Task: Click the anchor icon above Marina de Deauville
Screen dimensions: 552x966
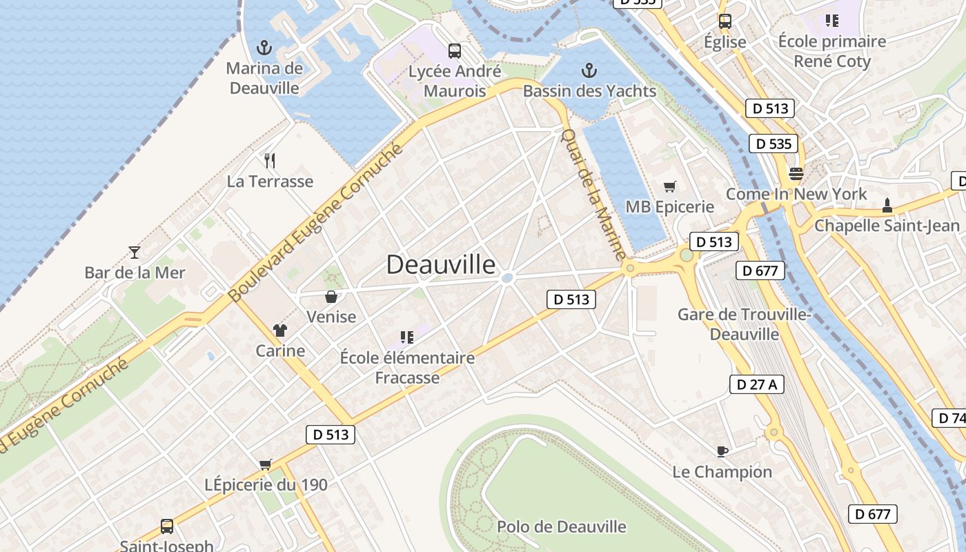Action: click(x=263, y=48)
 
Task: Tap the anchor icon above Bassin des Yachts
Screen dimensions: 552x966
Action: click(x=589, y=70)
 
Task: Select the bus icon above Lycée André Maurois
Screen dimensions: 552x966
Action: click(x=454, y=50)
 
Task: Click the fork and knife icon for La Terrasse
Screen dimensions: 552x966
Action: click(x=270, y=161)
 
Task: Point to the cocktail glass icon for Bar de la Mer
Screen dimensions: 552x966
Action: click(x=135, y=252)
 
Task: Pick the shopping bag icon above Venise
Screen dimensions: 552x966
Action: click(x=331, y=297)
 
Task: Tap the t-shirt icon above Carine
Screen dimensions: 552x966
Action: click(x=279, y=330)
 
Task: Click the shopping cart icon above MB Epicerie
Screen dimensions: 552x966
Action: click(x=669, y=186)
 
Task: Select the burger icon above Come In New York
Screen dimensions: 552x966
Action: click(x=796, y=173)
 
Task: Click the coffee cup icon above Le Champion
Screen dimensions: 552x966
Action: click(x=722, y=451)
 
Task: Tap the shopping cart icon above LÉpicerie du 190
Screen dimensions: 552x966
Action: click(x=266, y=464)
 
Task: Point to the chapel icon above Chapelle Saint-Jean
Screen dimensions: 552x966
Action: click(x=887, y=205)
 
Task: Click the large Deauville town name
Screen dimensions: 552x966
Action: click(x=440, y=264)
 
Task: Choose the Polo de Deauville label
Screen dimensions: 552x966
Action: click(x=562, y=526)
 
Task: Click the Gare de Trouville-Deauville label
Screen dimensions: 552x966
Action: click(x=744, y=324)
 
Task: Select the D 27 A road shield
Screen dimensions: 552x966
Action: click(x=757, y=384)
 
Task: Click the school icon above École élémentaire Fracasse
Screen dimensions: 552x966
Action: click(x=407, y=337)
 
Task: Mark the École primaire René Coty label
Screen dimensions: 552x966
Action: click(x=832, y=51)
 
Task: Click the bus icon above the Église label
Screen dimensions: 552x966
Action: click(x=724, y=21)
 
